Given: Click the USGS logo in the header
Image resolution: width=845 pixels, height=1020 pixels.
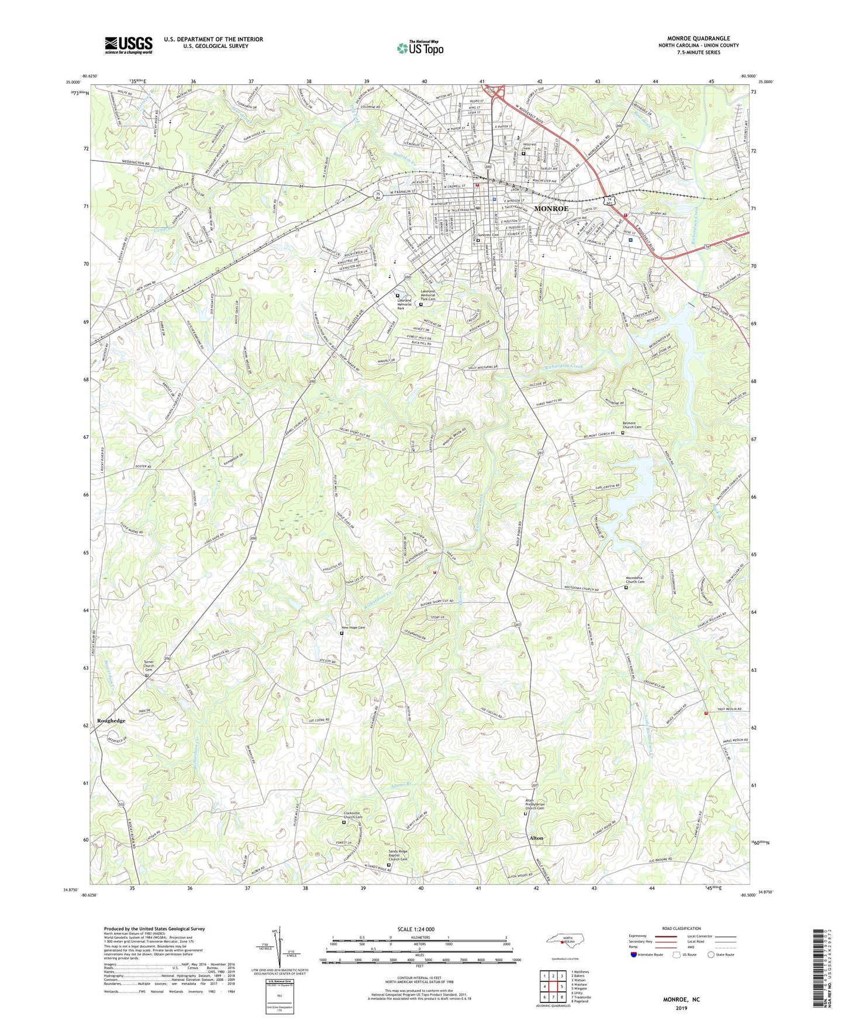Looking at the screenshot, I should click(x=129, y=45).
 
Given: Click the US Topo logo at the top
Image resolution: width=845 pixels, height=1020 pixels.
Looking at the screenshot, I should click(x=420, y=48).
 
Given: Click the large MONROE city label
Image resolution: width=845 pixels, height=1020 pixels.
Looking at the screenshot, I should click(x=551, y=209).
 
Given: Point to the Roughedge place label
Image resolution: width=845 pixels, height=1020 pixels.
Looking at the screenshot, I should click(x=111, y=721).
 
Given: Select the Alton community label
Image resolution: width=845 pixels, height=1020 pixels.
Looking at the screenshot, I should click(x=536, y=838).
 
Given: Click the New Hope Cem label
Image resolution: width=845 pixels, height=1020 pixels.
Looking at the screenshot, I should click(x=353, y=627).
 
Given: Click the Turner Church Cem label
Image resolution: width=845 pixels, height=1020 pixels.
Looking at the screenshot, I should click(x=149, y=665).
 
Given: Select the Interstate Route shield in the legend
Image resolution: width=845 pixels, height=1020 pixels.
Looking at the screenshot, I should click(x=634, y=955).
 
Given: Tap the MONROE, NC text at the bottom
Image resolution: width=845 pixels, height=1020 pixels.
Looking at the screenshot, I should click(x=681, y=1000).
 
